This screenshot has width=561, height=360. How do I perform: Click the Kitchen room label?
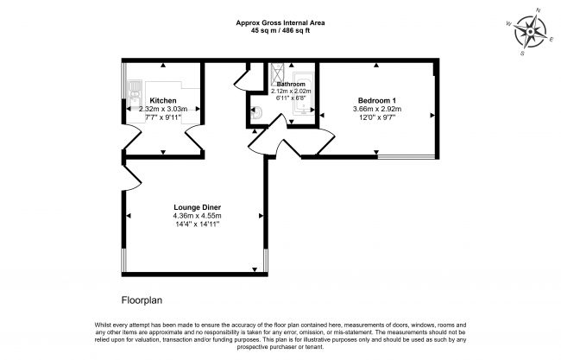pos(163,100)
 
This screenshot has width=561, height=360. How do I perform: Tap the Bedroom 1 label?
pos(377,100)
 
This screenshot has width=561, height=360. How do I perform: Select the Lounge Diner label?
pos(197,207)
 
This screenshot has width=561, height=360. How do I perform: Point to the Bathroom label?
pos(291,84)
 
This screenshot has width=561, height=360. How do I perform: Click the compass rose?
pos(530,33)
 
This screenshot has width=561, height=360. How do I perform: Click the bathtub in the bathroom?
pos(304,93)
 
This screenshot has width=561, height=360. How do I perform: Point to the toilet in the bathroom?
pos(256,113)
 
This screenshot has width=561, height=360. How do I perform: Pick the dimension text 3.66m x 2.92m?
pos(377,109)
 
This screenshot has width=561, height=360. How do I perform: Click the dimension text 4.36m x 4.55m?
pos(197,216)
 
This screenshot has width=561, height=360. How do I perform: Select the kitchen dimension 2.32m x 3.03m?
pos(163,109)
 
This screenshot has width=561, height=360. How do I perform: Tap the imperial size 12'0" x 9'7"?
pos(377,117)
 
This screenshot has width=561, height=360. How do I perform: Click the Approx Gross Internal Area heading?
pos(280,23)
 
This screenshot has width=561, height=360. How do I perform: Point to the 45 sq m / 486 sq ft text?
pos(280,30)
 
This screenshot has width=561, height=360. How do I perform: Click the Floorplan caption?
pos(142,300)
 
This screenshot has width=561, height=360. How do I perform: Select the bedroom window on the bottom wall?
pos(407,156)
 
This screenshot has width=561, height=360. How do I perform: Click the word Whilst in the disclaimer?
pos(103,325)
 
